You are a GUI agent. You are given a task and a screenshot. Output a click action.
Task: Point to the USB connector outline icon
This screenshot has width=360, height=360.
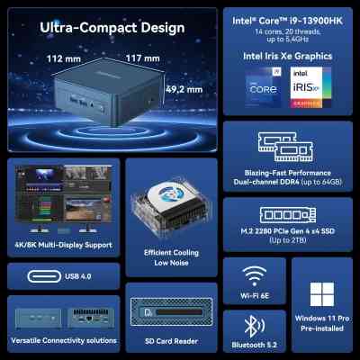[x=34, y=275]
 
